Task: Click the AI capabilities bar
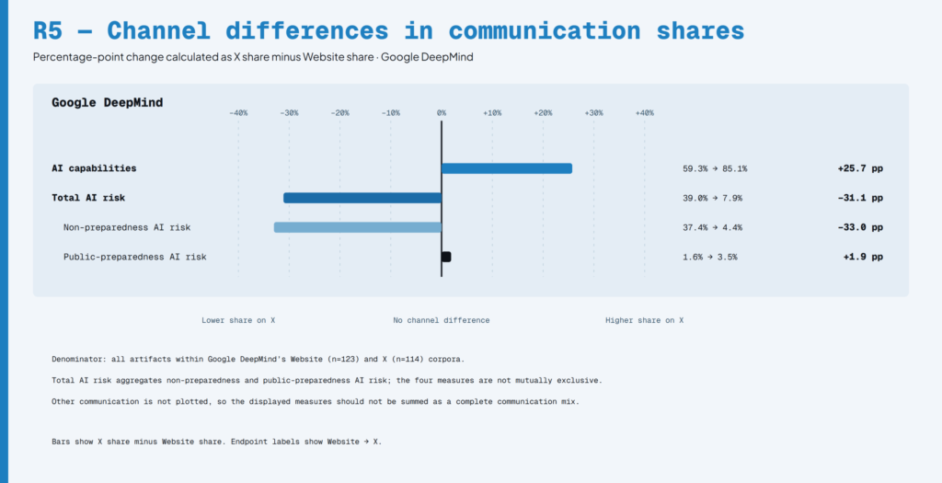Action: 507,168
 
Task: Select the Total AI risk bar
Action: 362,198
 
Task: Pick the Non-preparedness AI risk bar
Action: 358,227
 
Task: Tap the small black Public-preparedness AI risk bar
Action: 446,257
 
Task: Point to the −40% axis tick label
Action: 238,113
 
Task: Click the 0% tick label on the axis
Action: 442,113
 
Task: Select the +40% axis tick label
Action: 645,113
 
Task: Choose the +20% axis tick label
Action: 543,113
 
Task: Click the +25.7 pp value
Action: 860,168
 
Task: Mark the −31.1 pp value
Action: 860,198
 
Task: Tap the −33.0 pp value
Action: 860,227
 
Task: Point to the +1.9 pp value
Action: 863,257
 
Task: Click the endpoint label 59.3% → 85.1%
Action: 715,168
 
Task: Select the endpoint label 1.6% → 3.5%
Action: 709,257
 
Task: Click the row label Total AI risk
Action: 88,198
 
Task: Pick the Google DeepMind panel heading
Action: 107,103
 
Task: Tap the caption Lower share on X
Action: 238,320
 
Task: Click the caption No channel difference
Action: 442,320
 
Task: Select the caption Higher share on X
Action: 645,320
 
